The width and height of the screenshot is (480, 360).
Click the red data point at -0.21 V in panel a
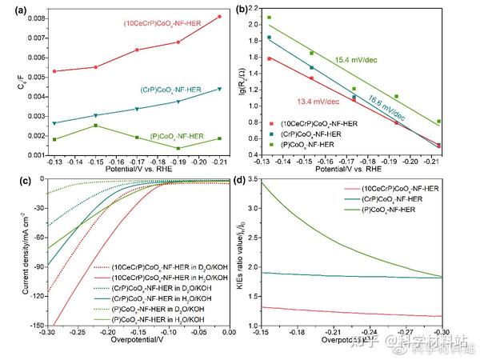coord(219,17)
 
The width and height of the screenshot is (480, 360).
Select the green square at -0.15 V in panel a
coord(95,126)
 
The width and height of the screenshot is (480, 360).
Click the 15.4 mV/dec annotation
coord(356,60)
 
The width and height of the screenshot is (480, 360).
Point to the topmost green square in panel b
coord(269,17)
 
